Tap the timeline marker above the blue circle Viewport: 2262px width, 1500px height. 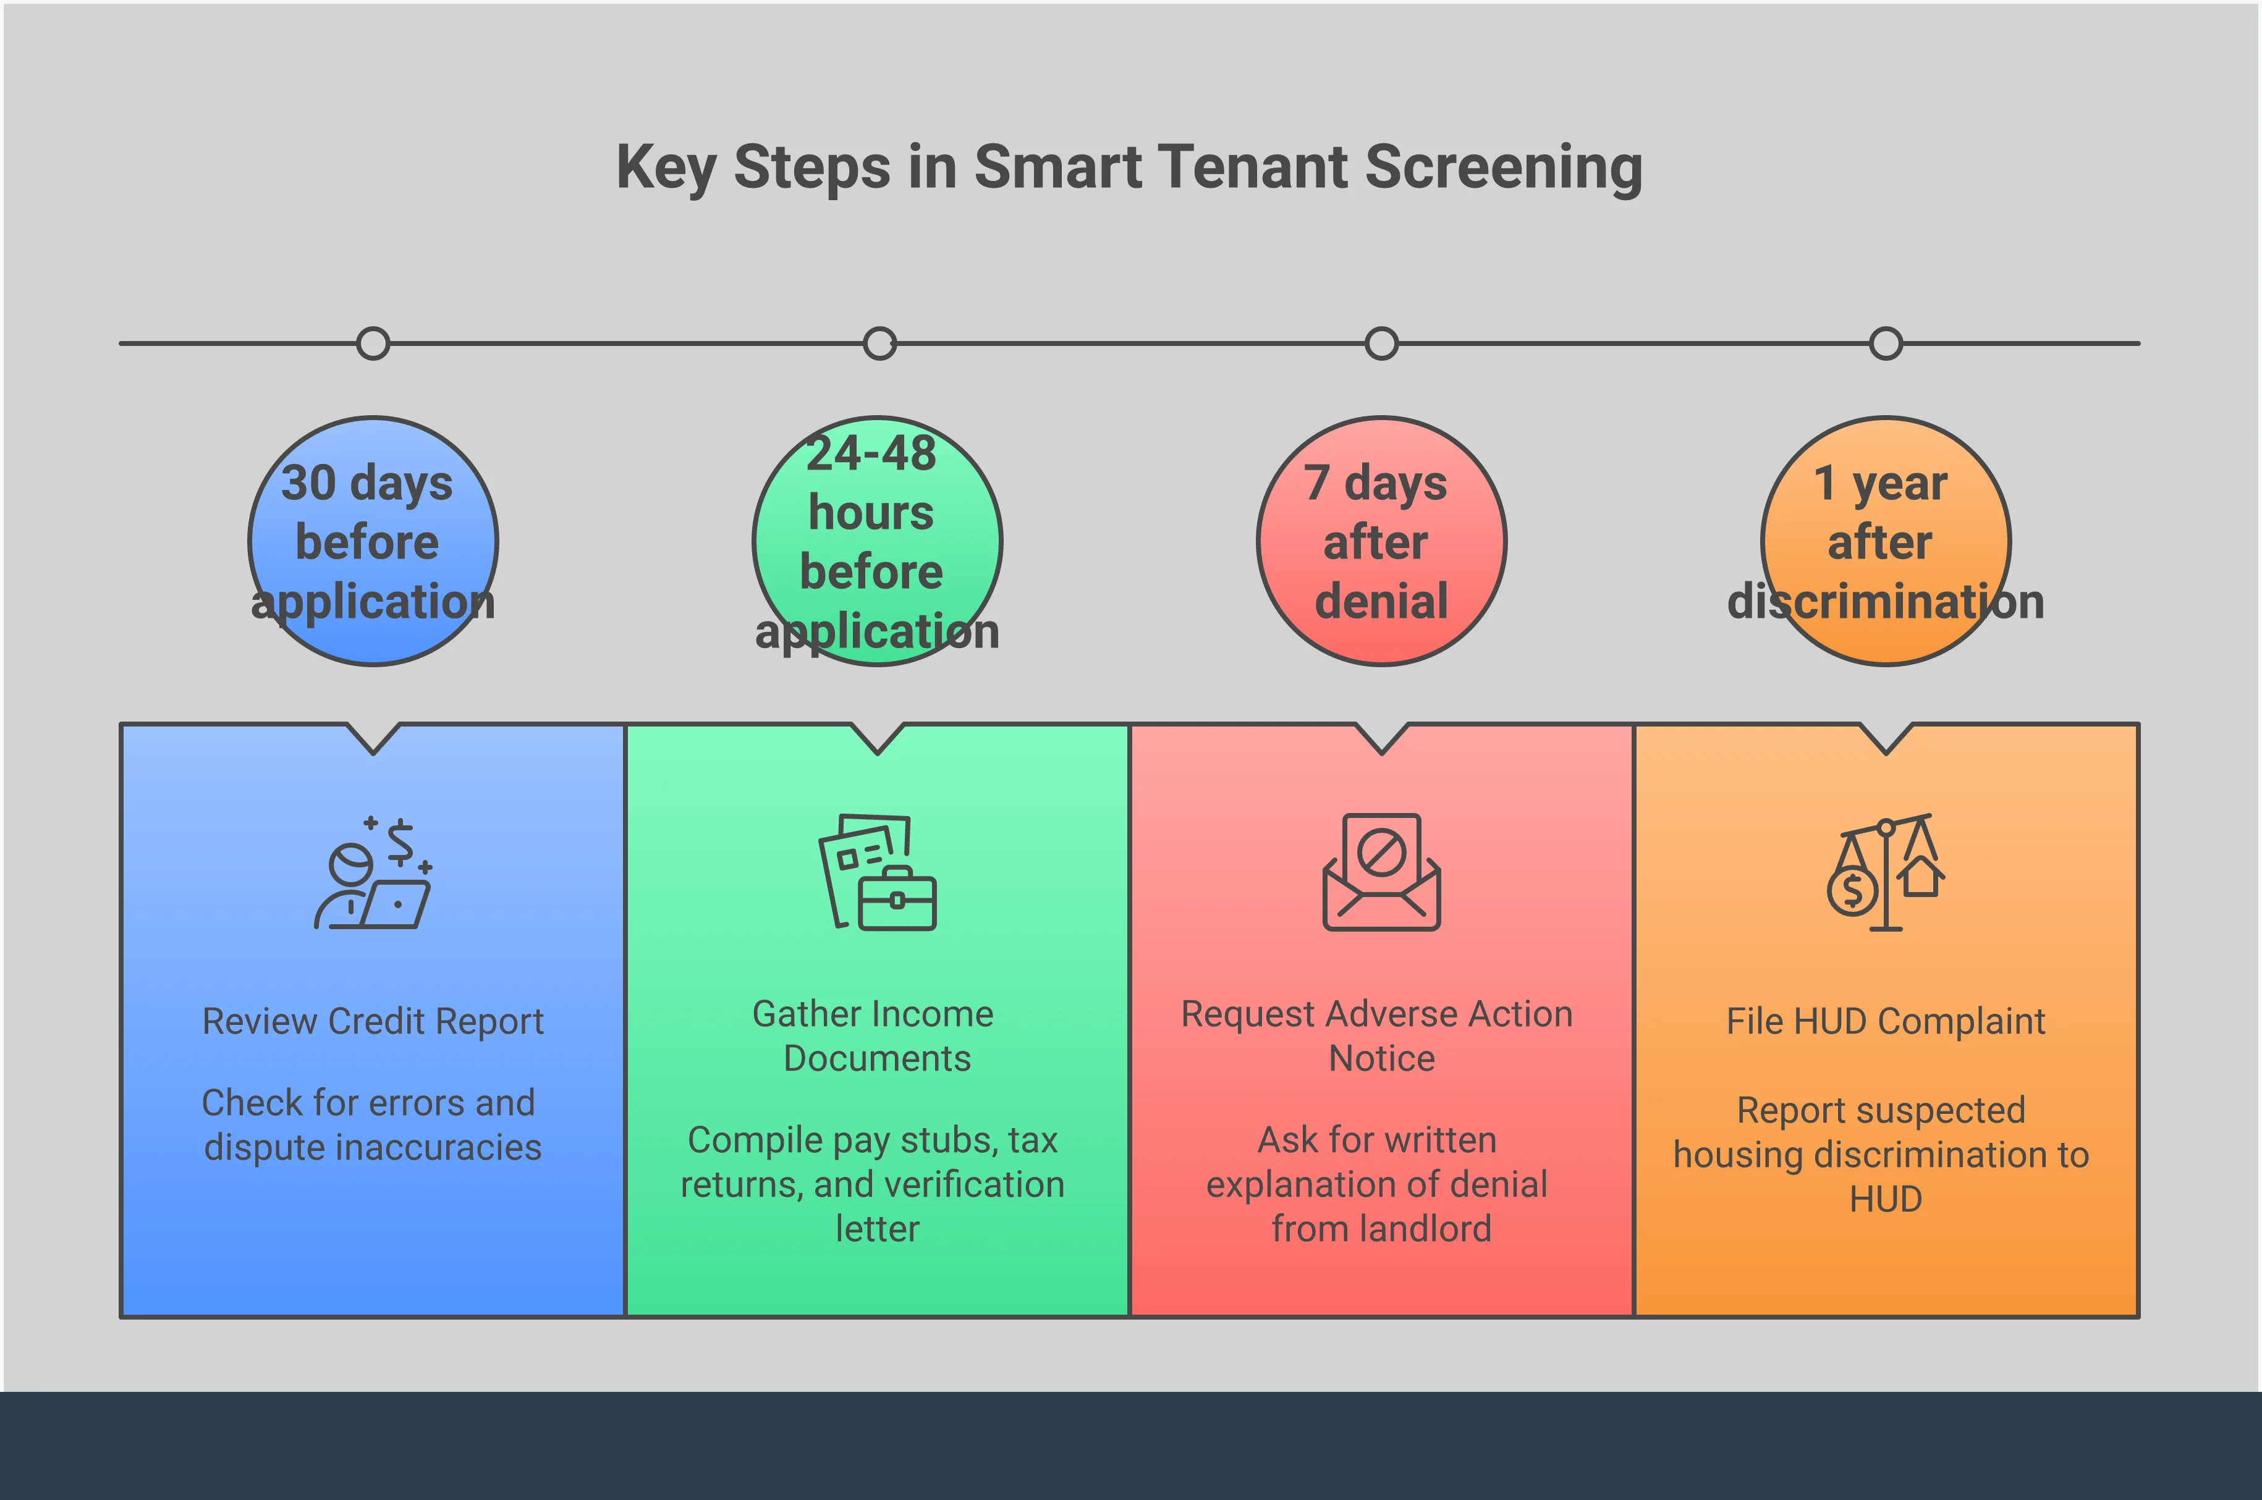[373, 343]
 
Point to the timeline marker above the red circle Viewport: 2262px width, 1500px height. [1381, 343]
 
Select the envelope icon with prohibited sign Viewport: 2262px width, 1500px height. [1381, 872]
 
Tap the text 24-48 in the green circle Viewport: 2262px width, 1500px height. [871, 453]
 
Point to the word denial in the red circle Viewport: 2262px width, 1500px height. [1381, 602]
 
